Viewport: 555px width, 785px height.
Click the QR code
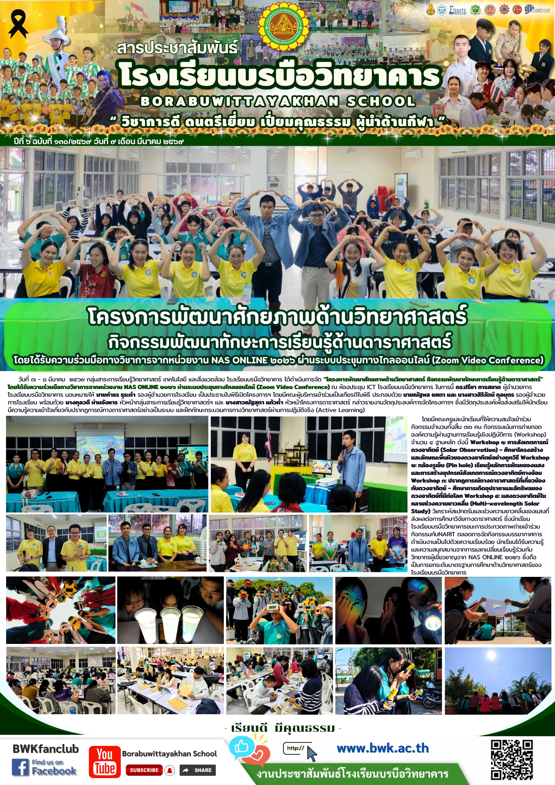point(512,759)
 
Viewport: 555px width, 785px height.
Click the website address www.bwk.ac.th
point(383,748)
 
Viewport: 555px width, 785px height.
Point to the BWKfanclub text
point(46,749)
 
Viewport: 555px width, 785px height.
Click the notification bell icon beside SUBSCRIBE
point(170,770)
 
